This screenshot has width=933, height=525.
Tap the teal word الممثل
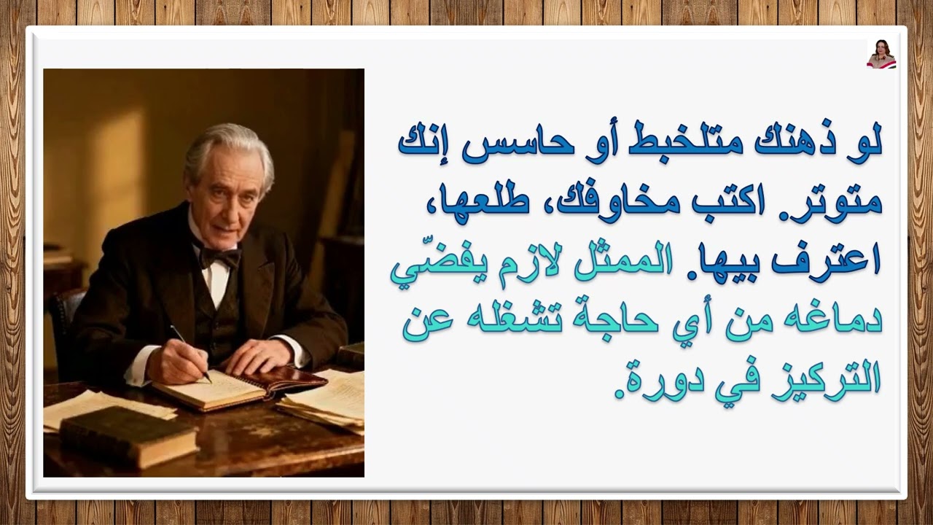coord(624,264)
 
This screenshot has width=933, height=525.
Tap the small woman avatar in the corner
coord(881,54)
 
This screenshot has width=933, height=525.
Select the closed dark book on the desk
coord(128,435)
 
